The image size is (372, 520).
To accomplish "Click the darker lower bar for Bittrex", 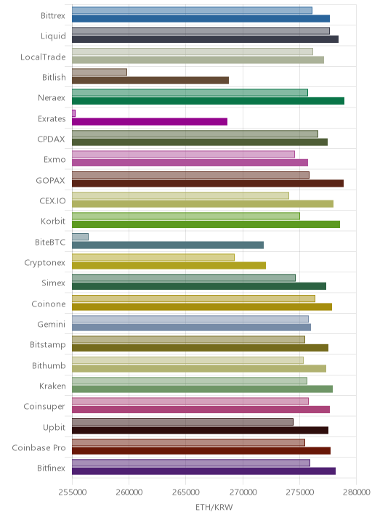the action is click(x=201, y=19).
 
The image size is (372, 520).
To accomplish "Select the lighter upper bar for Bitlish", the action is click(x=100, y=72).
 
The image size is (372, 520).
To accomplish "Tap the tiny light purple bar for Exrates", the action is click(x=73, y=113).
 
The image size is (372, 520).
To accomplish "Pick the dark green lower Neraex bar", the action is click(x=208, y=101).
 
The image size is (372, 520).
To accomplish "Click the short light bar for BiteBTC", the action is click(x=81, y=237).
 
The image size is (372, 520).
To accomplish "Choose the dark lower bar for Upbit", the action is click(x=200, y=431).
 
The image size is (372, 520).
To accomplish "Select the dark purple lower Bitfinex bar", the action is click(x=203, y=471).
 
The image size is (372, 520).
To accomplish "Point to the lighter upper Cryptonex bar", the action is click(x=153, y=257).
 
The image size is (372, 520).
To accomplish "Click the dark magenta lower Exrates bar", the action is click(x=150, y=122).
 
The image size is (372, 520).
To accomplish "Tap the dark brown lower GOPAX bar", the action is click(x=208, y=184).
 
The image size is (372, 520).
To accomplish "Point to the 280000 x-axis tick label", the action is click(x=357, y=492).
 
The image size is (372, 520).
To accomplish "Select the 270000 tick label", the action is click(x=243, y=492).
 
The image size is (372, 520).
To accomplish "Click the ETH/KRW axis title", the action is click(x=214, y=508).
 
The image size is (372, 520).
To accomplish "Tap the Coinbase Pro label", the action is click(x=39, y=447).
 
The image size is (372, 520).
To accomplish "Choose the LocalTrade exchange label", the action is click(x=43, y=57).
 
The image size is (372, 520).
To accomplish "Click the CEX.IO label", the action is click(x=52, y=201).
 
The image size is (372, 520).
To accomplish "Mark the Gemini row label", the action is click(x=52, y=325).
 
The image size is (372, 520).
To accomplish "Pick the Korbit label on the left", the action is click(x=53, y=222).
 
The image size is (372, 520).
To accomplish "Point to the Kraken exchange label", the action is click(x=52, y=386).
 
